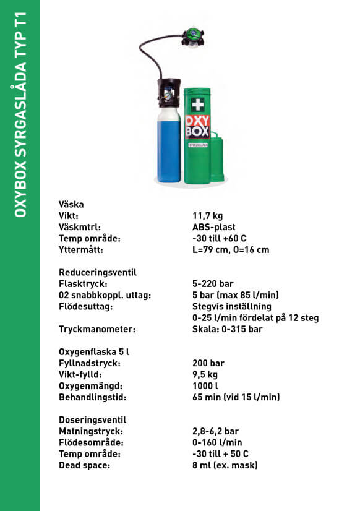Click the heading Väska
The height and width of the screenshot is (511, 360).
pos(71,204)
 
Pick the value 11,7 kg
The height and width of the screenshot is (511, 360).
pos(207,215)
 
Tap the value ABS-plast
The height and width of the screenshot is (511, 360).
pos(214,227)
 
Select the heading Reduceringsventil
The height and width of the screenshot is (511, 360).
pos(98,272)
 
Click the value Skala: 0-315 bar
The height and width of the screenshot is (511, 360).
pos(228,329)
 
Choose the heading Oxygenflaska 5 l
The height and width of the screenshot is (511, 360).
pos(93,351)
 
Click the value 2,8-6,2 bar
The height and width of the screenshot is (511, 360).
pos(216,431)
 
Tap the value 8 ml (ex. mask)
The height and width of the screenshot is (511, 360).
pos(225,465)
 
